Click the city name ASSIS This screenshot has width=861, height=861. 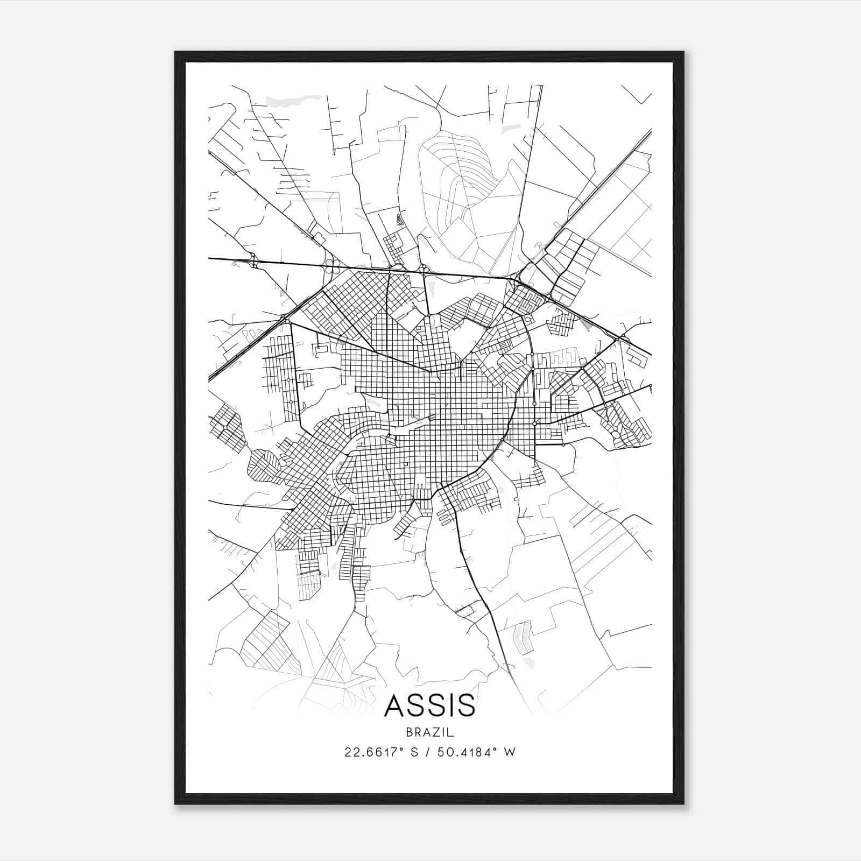pos(430,705)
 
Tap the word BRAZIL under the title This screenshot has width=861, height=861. pos(430,732)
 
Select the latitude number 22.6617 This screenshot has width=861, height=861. pos(370,752)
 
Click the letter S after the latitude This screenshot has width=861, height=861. pos(414,752)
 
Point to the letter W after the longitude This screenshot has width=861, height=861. pos(510,752)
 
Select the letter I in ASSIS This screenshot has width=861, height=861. pos(450,705)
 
